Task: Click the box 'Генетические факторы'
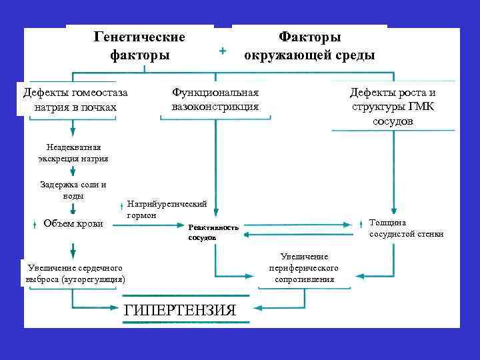[140, 45]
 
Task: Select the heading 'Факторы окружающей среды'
[309, 45]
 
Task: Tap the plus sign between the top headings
[223, 51]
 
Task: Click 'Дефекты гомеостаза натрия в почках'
[74, 100]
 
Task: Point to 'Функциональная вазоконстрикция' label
[215, 100]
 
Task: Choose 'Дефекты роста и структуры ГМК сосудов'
[393, 107]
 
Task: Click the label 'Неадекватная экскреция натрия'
[73, 153]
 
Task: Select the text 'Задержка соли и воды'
[73, 190]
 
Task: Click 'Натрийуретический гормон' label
[167, 209]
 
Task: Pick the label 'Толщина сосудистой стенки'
[406, 228]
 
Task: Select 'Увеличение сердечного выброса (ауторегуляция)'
[73, 273]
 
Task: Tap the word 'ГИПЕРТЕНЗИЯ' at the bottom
[180, 311]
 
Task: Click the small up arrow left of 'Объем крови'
[33, 225]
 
